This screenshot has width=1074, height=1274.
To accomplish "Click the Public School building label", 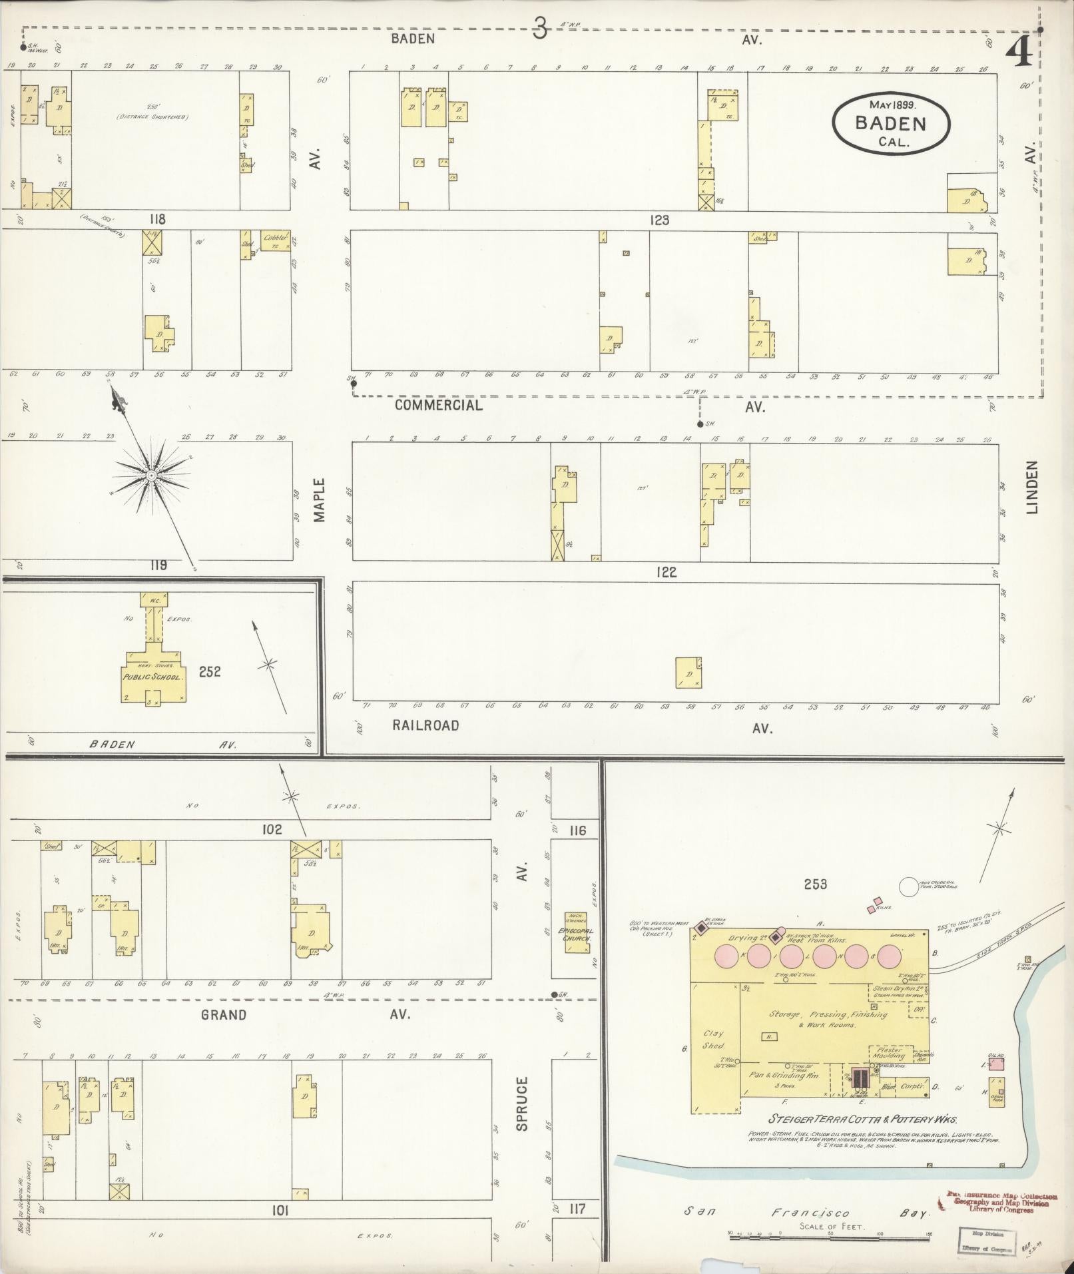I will click(x=152, y=673).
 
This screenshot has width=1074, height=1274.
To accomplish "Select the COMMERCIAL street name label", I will click(x=438, y=405).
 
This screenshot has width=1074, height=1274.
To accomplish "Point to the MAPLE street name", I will click(x=320, y=499).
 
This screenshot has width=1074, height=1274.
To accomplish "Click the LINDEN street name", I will click(x=1032, y=487).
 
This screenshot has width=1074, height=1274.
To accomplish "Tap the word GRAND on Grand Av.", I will click(x=224, y=1015).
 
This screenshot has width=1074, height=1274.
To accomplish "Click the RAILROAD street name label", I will click(x=425, y=725).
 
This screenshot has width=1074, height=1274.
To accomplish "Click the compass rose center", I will click(x=151, y=475).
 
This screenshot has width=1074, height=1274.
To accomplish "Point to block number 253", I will click(x=815, y=884).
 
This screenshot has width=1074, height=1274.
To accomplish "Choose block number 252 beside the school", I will click(x=208, y=672).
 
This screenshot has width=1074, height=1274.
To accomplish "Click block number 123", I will click(x=659, y=220).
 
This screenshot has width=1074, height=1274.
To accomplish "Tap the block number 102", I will click(x=272, y=830).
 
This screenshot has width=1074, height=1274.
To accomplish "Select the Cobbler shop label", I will click(x=275, y=238).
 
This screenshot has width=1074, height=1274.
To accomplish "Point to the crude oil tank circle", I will click(x=908, y=887).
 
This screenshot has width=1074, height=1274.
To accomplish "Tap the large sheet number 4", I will click(x=1019, y=51).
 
